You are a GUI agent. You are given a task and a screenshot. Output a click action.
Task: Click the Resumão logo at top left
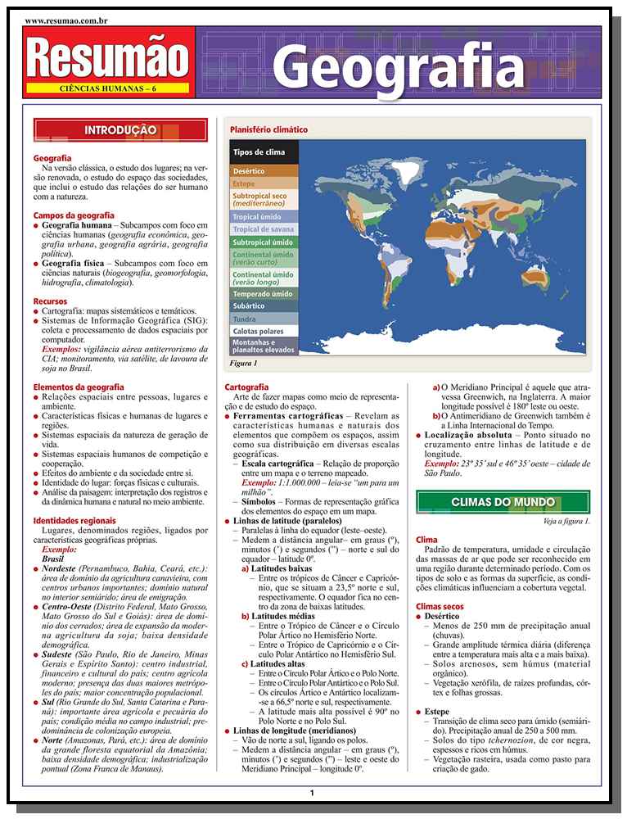[x=110, y=56]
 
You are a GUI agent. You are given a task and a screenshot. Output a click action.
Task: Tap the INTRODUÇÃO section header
[x=120, y=130]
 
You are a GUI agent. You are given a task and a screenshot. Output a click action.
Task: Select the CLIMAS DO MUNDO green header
[x=503, y=502]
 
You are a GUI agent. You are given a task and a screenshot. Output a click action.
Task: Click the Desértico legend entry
[x=249, y=171]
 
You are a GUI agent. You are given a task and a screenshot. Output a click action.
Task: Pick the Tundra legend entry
[x=245, y=319]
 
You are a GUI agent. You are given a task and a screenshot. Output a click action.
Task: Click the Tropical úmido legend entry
[x=257, y=217]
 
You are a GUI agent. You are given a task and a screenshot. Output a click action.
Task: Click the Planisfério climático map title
[x=268, y=129]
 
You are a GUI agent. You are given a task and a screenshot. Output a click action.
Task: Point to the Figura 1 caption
[x=244, y=363]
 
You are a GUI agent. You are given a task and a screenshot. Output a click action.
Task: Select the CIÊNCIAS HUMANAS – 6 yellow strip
[x=110, y=88]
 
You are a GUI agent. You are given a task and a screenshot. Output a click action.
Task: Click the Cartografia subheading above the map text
[x=246, y=387]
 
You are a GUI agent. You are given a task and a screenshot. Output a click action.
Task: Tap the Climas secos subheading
[x=440, y=606]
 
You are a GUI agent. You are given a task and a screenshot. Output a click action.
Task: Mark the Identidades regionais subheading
[x=74, y=520]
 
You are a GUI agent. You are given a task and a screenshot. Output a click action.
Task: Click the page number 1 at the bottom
[x=312, y=792]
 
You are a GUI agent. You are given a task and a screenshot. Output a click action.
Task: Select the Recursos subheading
[x=51, y=301]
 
